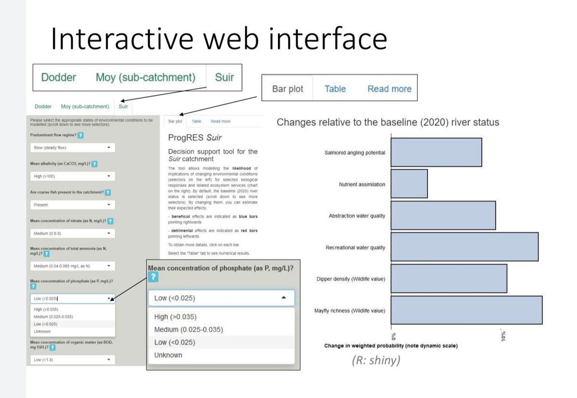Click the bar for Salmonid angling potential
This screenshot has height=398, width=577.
click(436, 152)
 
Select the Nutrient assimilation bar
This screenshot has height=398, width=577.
click(409, 184)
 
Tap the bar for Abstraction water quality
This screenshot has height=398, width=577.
click(443, 215)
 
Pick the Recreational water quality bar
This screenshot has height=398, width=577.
click(464, 247)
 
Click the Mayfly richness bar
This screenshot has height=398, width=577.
click(466, 310)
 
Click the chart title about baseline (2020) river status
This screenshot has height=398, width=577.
click(388, 122)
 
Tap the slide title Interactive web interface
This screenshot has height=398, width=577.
click(219, 39)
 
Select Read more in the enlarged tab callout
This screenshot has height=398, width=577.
click(389, 89)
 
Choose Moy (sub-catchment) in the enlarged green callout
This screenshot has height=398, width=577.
click(145, 77)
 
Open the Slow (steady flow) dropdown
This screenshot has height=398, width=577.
click(72, 148)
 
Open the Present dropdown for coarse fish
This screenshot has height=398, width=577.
click(72, 205)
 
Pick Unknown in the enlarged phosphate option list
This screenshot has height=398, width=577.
click(168, 355)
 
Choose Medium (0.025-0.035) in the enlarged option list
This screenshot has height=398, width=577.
click(188, 330)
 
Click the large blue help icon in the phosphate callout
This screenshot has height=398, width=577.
click(153, 277)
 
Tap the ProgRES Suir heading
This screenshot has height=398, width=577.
click(195, 138)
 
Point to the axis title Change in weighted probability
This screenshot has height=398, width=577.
click(391, 346)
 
